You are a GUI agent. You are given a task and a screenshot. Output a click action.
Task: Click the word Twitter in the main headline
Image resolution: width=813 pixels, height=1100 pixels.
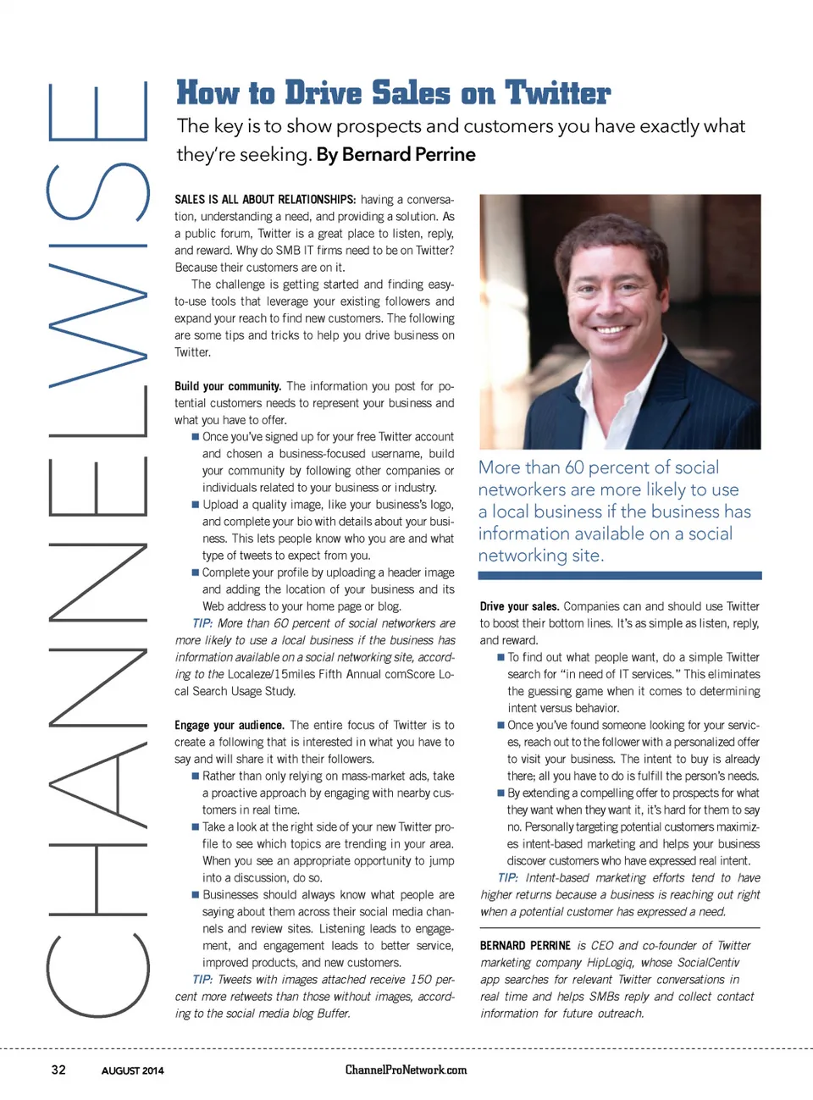pos(557,93)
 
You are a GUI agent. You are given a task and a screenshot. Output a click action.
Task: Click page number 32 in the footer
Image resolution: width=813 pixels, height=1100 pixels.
pos(58,1070)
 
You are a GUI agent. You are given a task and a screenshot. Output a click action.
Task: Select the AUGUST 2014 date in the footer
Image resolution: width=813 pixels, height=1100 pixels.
pos(133,1070)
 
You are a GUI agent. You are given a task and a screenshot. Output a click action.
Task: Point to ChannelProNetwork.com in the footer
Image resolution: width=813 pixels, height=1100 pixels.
pos(406,1070)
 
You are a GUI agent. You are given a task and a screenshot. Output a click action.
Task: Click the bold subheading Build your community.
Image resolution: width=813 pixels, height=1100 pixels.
pos(228,386)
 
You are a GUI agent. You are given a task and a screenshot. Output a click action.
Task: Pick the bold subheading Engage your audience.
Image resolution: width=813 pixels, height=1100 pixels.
pos(230,726)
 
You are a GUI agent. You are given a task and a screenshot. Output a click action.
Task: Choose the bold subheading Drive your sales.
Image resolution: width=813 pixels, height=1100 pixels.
pos(519,606)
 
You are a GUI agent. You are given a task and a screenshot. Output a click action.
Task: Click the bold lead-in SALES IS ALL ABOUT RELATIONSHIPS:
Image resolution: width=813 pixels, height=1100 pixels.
pos(265,200)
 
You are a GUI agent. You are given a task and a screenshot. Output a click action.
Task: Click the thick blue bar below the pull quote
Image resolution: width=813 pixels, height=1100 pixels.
pos(619,576)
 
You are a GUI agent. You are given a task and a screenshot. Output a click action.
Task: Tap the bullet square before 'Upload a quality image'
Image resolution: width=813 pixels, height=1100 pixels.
pos(196,505)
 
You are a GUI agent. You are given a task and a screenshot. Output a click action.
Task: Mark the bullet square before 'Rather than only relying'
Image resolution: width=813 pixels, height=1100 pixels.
pos(196,776)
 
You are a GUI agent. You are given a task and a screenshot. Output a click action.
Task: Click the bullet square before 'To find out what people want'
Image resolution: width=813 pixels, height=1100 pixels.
pos(501,657)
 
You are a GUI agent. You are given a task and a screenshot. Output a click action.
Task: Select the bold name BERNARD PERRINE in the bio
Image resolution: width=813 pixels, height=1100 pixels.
pos(525,946)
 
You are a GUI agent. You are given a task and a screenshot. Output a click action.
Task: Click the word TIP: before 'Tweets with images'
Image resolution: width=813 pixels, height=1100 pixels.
pos(202,980)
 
